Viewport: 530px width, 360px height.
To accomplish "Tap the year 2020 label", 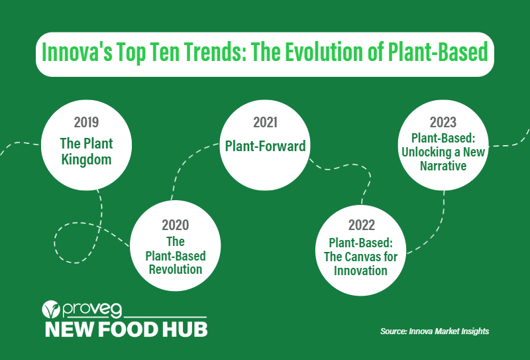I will [x=175, y=225].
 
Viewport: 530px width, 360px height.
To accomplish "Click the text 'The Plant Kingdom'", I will [x=86, y=151].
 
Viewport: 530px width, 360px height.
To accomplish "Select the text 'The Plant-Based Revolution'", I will [x=176, y=255].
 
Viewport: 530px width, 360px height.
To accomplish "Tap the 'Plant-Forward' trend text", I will [x=265, y=146].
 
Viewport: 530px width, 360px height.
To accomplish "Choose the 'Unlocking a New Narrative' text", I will [x=443, y=159].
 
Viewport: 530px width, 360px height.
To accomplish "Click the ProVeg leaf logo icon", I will [x=52, y=310].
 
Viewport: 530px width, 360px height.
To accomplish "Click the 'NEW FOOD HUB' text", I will [x=125, y=329].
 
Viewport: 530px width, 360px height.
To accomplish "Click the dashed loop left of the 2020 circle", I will [x=70, y=242].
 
